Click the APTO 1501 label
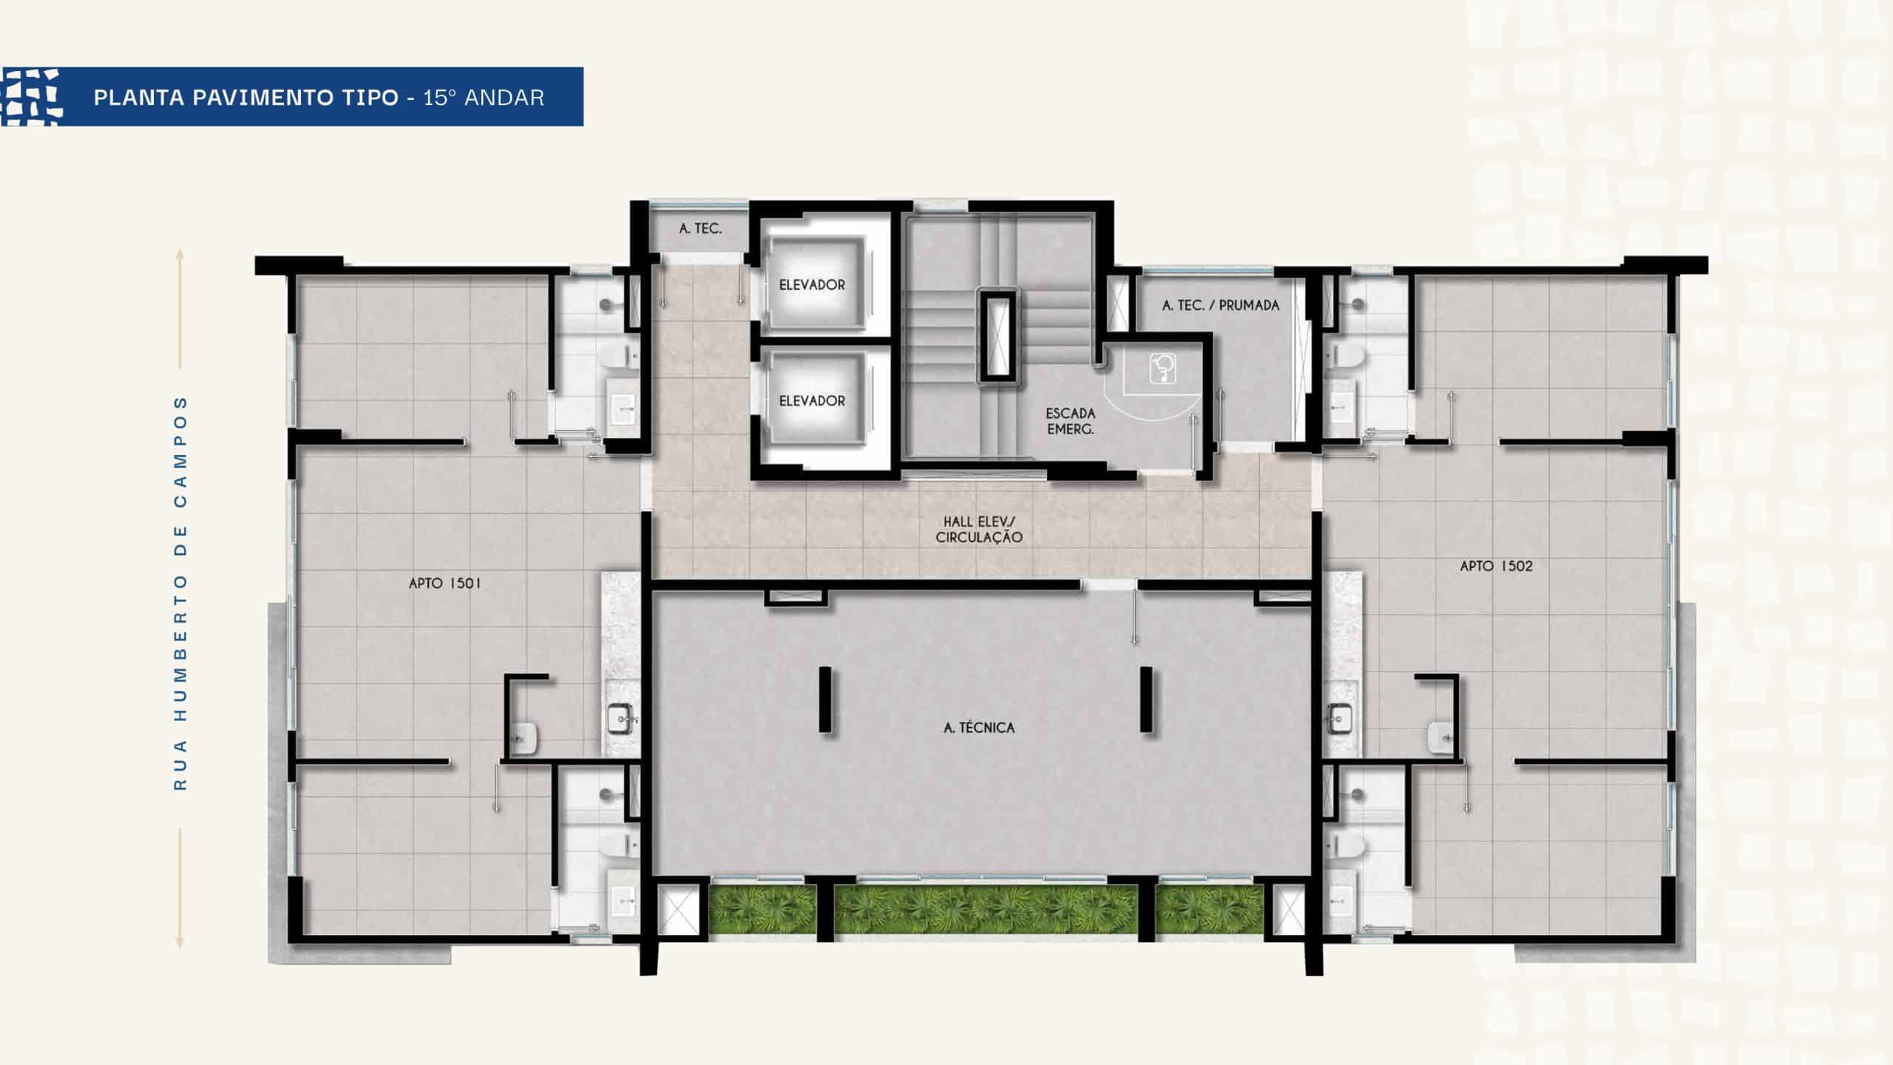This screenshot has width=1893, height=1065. (445, 584)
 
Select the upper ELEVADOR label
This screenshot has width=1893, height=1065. (812, 285)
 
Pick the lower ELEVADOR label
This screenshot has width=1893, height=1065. (812, 401)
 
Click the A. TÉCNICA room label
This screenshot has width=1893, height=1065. (979, 728)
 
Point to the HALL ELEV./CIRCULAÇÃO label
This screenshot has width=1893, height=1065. (979, 530)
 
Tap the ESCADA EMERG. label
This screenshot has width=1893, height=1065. (1070, 421)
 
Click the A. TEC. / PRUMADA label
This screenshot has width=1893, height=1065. (1220, 305)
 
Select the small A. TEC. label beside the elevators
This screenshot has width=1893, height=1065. (700, 229)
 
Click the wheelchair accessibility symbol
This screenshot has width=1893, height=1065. (1163, 368)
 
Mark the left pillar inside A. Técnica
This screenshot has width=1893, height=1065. (824, 700)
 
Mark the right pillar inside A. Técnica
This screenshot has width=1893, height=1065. (1146, 700)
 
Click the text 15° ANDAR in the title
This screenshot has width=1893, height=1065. (484, 98)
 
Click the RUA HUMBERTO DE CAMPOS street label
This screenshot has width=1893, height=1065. (180, 593)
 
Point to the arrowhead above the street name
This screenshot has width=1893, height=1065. (180, 253)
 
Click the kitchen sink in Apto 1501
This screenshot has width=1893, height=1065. (621, 715)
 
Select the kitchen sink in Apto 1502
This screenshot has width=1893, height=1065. (1340, 715)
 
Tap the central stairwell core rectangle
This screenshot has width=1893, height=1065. (998, 336)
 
